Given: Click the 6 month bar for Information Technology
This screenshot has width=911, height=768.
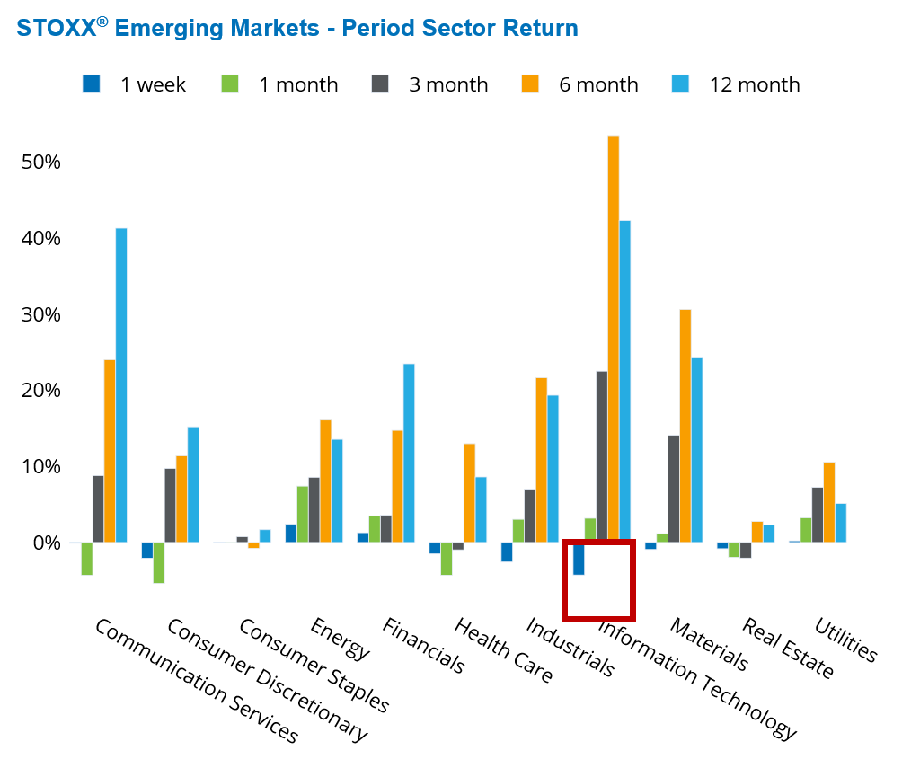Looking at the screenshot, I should (x=614, y=339).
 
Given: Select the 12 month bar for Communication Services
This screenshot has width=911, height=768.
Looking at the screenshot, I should (x=121, y=385).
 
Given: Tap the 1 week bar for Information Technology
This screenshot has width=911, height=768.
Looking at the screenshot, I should (x=579, y=559).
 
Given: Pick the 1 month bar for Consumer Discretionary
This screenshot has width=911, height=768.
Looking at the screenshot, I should (x=158, y=562).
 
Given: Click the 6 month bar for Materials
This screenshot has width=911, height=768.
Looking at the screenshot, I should (x=685, y=426).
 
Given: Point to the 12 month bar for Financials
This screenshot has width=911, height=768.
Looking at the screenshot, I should (x=409, y=453).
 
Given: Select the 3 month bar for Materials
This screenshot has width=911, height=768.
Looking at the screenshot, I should (x=674, y=489).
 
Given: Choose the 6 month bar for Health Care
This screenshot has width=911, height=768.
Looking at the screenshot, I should (x=469, y=493).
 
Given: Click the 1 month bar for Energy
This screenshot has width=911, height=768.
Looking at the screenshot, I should (x=303, y=514).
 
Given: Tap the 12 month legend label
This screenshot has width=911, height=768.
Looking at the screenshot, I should (x=754, y=84).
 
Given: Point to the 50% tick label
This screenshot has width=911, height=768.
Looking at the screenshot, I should (x=40, y=163).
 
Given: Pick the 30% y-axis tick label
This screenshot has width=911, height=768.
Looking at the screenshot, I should (x=40, y=315).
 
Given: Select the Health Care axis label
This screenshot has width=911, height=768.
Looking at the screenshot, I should (x=504, y=651).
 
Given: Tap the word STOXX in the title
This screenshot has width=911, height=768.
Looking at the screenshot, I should (x=56, y=29).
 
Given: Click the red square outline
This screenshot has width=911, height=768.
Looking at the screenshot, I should (x=598, y=617).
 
